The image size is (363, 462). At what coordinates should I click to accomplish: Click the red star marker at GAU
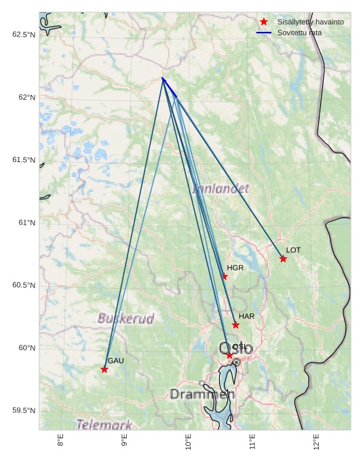[x=104, y=369]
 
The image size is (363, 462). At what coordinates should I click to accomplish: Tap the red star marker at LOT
[x=283, y=258]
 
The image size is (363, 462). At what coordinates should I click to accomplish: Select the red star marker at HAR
[x=235, y=325]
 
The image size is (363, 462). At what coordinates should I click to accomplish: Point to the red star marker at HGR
[x=225, y=276]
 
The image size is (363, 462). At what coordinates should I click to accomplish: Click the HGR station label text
[x=235, y=268]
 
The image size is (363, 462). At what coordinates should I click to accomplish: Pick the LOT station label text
[x=293, y=250]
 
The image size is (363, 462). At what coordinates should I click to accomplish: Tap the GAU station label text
[x=115, y=361]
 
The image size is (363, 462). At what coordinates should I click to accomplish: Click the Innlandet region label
[x=221, y=188]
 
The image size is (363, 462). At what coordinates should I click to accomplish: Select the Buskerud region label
[x=126, y=317]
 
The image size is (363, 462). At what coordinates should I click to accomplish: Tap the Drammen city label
[x=202, y=394]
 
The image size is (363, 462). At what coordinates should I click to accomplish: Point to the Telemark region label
[x=104, y=425]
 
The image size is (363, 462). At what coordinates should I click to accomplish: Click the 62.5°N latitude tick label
[x=24, y=35]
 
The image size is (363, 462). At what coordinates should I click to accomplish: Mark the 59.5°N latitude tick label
[x=24, y=410]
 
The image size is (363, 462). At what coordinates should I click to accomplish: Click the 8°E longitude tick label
[x=60, y=441]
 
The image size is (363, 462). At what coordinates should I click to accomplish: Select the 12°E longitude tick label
[x=317, y=441]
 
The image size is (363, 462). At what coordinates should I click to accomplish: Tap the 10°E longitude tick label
[x=189, y=441]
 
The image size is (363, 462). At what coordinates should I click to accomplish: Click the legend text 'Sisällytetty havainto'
[x=310, y=22]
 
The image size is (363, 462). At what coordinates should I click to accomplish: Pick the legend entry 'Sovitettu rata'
[x=299, y=33]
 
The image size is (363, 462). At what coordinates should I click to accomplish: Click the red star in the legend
[x=264, y=22]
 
